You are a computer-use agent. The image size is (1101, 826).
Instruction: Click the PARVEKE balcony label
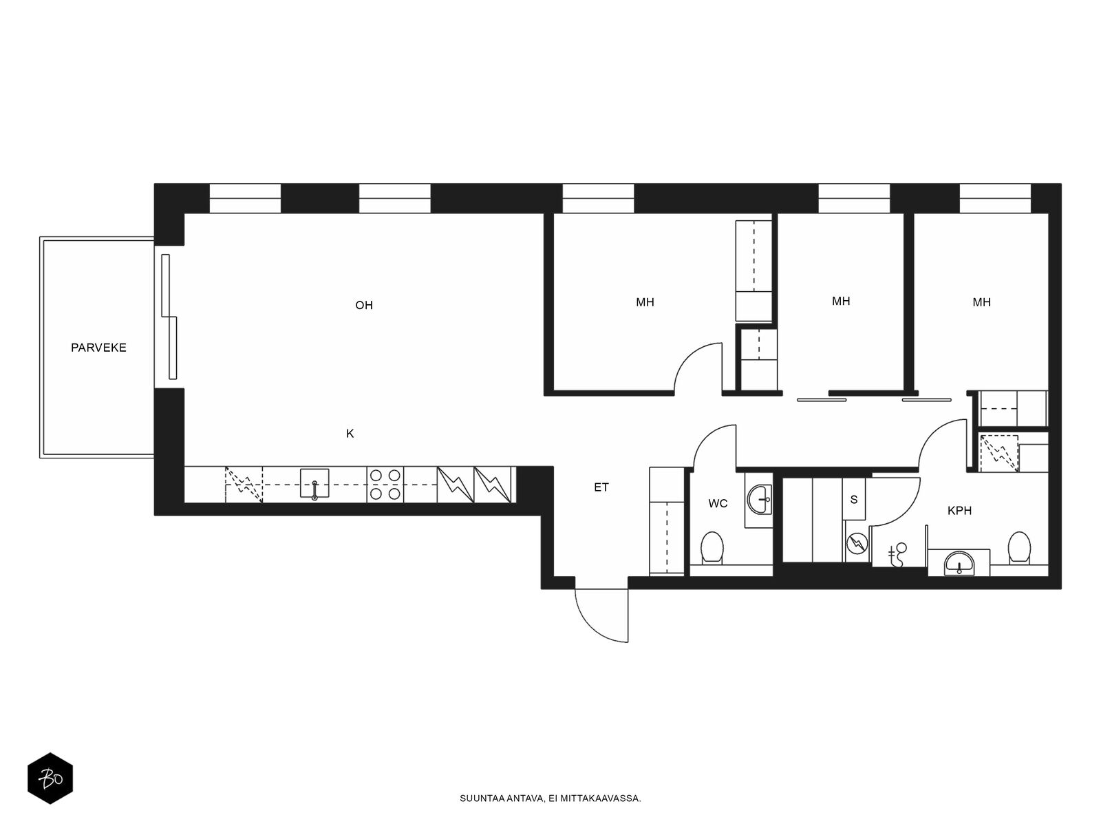98,348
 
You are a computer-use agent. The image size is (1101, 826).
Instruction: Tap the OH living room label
363,305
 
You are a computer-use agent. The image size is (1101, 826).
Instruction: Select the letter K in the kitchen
350,434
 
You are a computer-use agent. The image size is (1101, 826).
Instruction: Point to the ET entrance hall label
601,487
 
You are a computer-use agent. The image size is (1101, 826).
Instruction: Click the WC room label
717,504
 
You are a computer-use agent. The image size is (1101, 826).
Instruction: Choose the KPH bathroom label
959,511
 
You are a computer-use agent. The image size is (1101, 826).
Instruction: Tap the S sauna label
854,500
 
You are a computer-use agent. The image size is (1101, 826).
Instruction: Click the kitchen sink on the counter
314,483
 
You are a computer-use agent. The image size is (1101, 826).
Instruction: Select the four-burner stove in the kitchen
385,485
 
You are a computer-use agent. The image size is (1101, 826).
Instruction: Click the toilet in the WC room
712,547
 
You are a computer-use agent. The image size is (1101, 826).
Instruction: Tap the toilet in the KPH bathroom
1018,547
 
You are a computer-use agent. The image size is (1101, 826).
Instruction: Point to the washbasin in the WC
760,500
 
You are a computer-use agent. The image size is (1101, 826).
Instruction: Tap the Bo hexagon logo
50,779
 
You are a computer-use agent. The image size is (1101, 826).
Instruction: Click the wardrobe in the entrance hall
667,520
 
